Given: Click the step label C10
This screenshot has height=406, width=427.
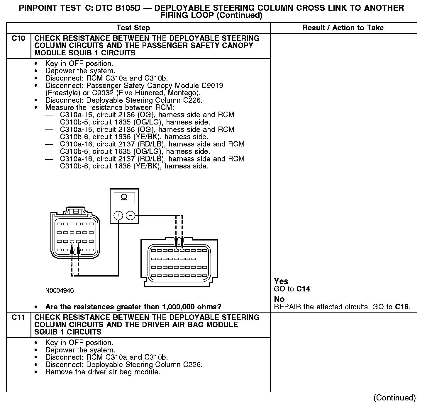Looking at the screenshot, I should pyautogui.click(x=18, y=38).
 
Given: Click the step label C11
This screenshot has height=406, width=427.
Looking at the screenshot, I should pyautogui.click(x=18, y=318).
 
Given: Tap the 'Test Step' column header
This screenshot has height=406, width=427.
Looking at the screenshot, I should pyautogui.click(x=133, y=28).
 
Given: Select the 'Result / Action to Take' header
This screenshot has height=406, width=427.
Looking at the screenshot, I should pyautogui.click(x=343, y=28).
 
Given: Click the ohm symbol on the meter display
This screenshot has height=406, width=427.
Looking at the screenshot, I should pyautogui.click(x=124, y=198).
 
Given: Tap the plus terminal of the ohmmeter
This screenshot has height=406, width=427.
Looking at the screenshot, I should pyautogui.click(x=118, y=216).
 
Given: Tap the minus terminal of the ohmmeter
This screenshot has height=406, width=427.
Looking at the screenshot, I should pyautogui.click(x=131, y=216).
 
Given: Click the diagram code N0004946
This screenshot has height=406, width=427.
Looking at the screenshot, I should pyautogui.click(x=60, y=291).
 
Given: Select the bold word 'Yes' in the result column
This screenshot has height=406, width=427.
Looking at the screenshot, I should pyautogui.click(x=281, y=281).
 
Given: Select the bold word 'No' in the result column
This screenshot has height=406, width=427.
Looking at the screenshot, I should pyautogui.click(x=279, y=299).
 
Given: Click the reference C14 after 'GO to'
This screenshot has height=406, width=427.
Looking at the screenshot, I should pyautogui.click(x=303, y=289).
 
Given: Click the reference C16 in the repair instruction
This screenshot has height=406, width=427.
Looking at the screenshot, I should pyautogui.click(x=401, y=307).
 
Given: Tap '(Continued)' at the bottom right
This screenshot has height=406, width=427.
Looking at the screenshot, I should pyautogui.click(x=394, y=398).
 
